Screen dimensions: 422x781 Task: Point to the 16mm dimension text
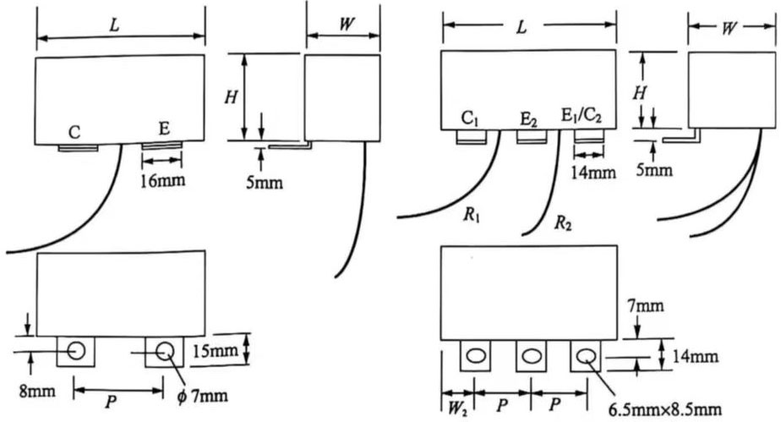(161, 180)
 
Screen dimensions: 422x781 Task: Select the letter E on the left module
(164, 129)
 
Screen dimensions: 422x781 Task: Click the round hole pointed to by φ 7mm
(163, 350)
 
